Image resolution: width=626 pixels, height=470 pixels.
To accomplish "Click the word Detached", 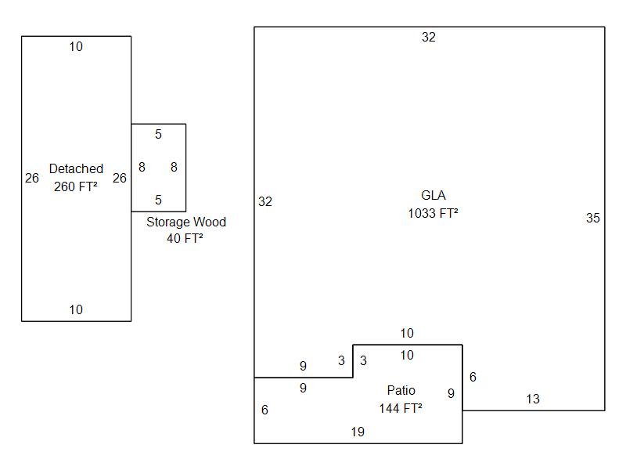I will (76, 168).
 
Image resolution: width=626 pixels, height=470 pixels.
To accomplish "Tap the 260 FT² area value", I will (76, 186).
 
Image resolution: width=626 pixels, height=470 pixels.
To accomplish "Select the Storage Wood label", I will (186, 222).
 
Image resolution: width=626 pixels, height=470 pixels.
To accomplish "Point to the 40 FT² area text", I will (185, 239).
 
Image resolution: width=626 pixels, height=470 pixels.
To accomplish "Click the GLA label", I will (433, 195).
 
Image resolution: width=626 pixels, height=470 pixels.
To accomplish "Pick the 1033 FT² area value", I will (433, 213).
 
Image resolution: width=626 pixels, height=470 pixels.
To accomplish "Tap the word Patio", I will (401, 390).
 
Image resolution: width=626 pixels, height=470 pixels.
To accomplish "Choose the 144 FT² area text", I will (401, 408).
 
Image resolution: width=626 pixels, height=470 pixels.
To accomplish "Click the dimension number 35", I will (593, 219).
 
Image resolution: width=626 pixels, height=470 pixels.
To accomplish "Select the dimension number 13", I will (533, 399).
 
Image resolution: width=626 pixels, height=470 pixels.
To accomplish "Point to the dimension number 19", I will (358, 432).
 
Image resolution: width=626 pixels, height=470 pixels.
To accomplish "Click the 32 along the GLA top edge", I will (429, 37).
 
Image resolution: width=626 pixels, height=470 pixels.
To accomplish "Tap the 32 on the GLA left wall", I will (265, 201).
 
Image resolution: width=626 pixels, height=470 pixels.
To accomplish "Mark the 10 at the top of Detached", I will (76, 47).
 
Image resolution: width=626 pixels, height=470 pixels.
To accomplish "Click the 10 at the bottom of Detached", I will (76, 309).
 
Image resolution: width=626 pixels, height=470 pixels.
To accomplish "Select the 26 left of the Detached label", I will (32, 178).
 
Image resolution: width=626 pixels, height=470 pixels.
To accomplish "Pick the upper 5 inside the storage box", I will (158, 135).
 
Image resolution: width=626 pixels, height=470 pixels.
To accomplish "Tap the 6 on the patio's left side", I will (264, 410).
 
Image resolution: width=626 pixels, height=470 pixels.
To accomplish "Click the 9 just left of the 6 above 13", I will (451, 393).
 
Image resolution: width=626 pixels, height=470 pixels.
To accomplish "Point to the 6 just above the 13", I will (473, 377).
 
